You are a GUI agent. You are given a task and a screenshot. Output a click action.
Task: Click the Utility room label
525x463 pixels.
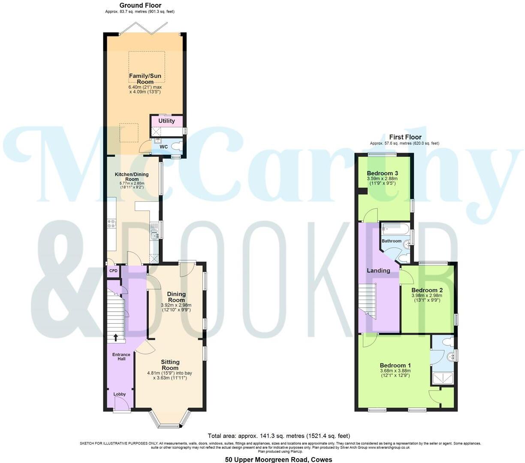tap(166, 121)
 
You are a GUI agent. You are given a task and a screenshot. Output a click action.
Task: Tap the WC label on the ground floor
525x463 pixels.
tap(163, 147)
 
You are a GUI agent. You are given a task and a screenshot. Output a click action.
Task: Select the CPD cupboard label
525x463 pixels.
tap(113, 271)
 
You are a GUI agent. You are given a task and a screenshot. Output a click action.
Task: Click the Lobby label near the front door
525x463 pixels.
tap(120, 394)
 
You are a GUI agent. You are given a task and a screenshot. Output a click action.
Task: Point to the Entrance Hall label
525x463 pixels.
tap(121, 357)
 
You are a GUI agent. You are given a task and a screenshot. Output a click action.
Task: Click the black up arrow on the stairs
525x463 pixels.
tap(115, 337)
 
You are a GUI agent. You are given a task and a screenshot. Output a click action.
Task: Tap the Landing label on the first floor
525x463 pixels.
tap(378, 271)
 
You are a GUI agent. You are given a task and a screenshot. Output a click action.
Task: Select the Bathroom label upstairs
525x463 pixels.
tap(392, 241)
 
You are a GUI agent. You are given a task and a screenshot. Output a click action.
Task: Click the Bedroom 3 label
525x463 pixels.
tap(382, 173)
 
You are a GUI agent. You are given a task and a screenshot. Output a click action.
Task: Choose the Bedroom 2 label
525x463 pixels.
tap(427, 290)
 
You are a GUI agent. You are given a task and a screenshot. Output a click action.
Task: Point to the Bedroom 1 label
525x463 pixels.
tap(395, 366)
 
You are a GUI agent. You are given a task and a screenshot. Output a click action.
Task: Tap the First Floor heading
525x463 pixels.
tap(405, 138)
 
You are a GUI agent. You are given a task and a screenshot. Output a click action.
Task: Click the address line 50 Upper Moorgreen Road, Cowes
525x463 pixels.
tap(279, 460)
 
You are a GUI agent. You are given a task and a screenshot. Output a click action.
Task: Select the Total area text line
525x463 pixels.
tap(279, 436)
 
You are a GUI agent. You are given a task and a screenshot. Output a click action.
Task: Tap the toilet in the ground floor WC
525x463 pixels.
tap(176, 147)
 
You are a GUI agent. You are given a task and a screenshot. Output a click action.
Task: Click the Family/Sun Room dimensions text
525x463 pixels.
tap(145, 89)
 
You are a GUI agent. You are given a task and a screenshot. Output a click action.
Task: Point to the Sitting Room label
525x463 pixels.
tap(170, 365)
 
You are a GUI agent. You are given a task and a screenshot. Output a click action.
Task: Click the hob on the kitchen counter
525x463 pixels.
tap(112, 223)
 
